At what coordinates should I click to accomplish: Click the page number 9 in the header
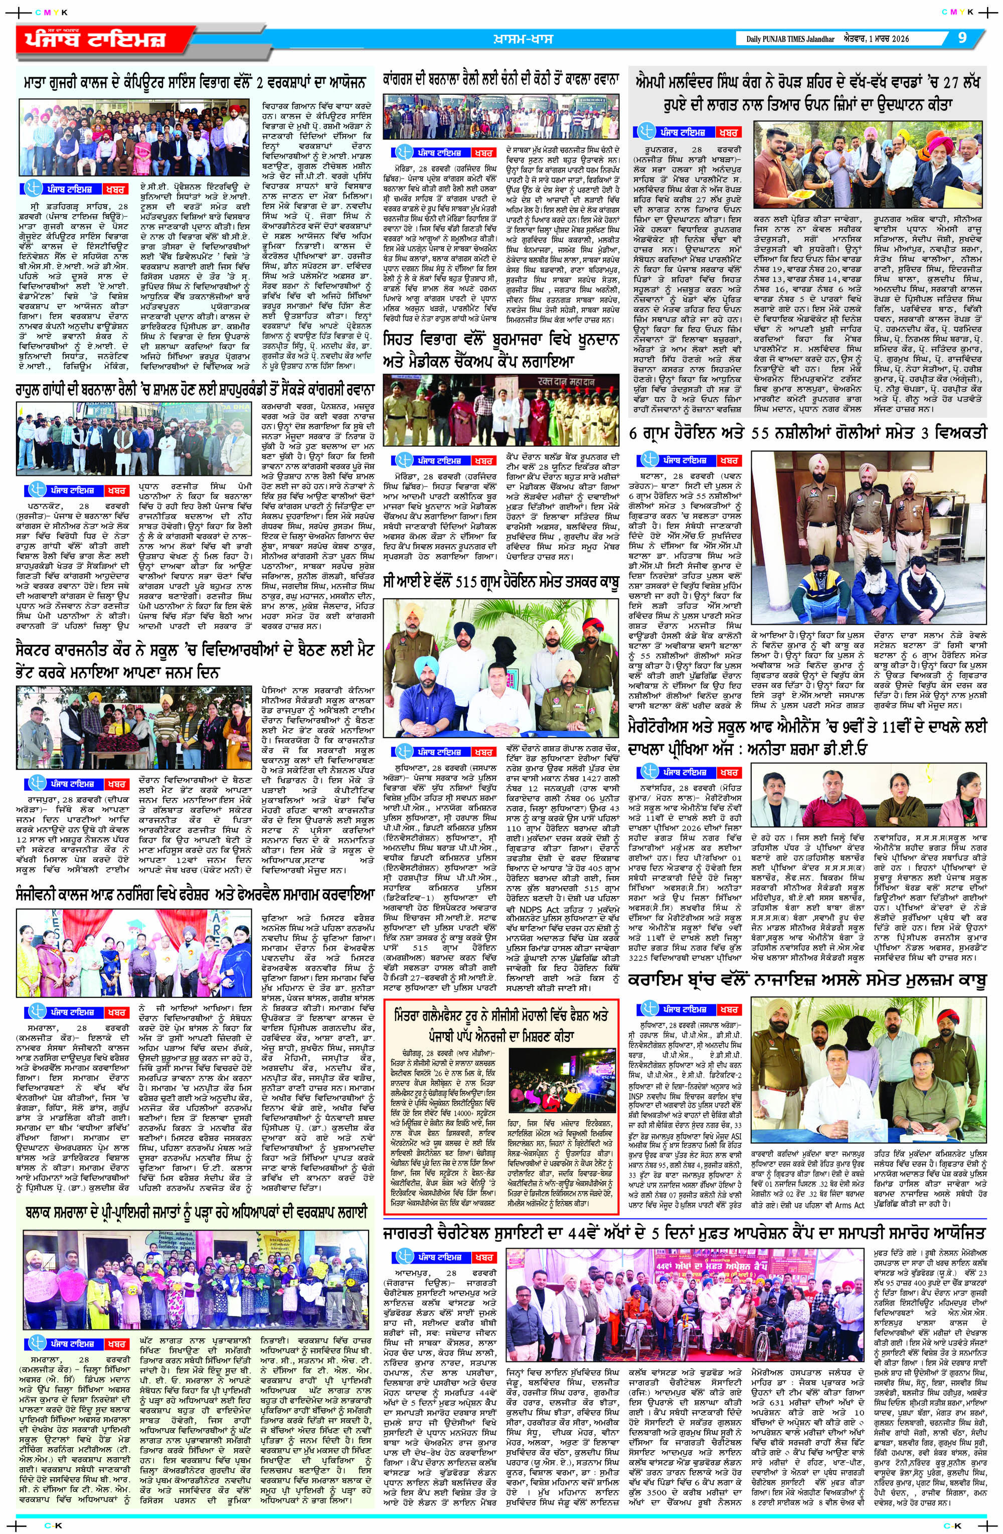962,38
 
